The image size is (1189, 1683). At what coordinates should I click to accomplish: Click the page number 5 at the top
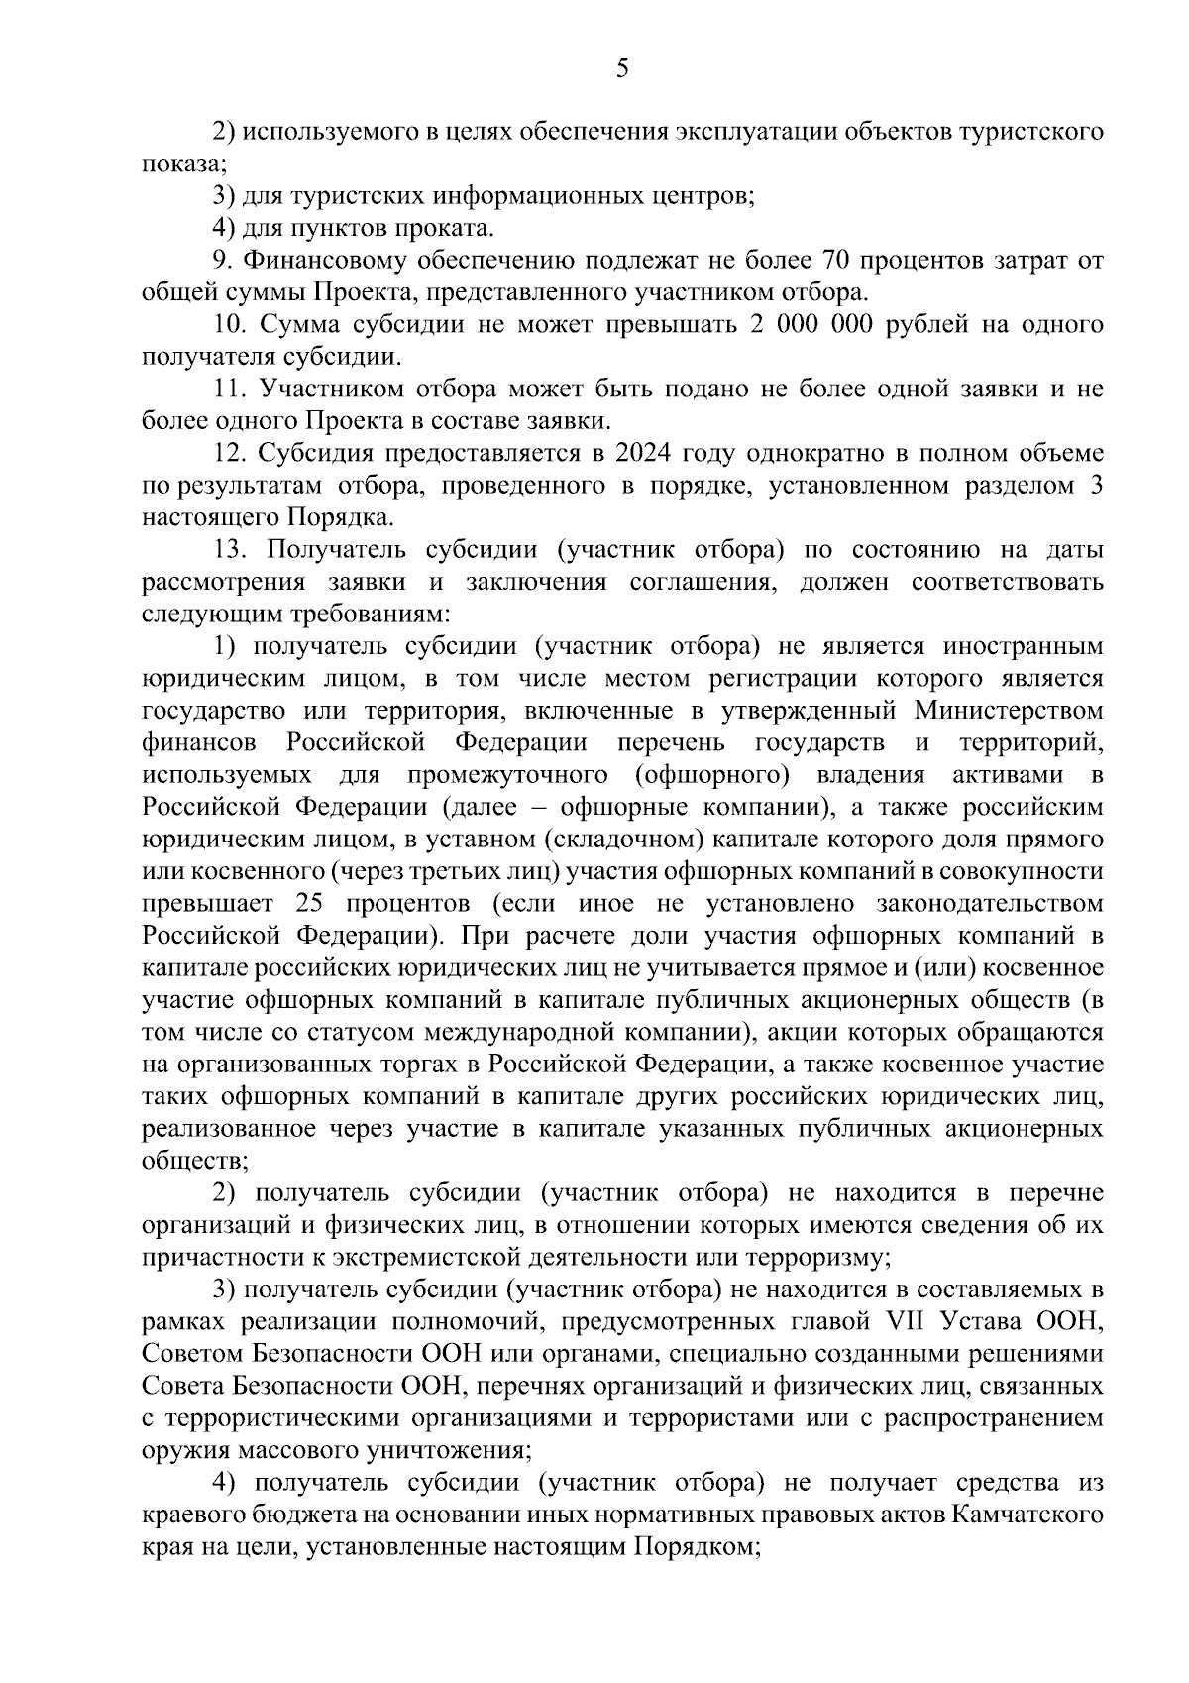coord(622,68)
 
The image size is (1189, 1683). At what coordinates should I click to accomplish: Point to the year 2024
coord(644,453)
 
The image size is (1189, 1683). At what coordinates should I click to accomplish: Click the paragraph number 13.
coord(228,550)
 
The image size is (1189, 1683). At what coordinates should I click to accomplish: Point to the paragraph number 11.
coord(228,390)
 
